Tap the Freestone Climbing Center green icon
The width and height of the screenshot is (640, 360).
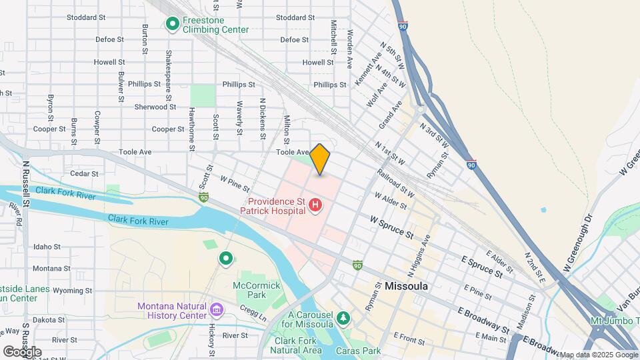172,25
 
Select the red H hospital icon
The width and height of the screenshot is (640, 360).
316,207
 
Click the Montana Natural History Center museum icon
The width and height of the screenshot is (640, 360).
216,310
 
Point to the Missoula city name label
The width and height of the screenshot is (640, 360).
406,286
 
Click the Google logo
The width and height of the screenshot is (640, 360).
22,351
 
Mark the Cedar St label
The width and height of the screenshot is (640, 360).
84,173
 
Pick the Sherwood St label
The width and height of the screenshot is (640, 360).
155,107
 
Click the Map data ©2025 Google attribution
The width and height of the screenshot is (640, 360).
598,355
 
